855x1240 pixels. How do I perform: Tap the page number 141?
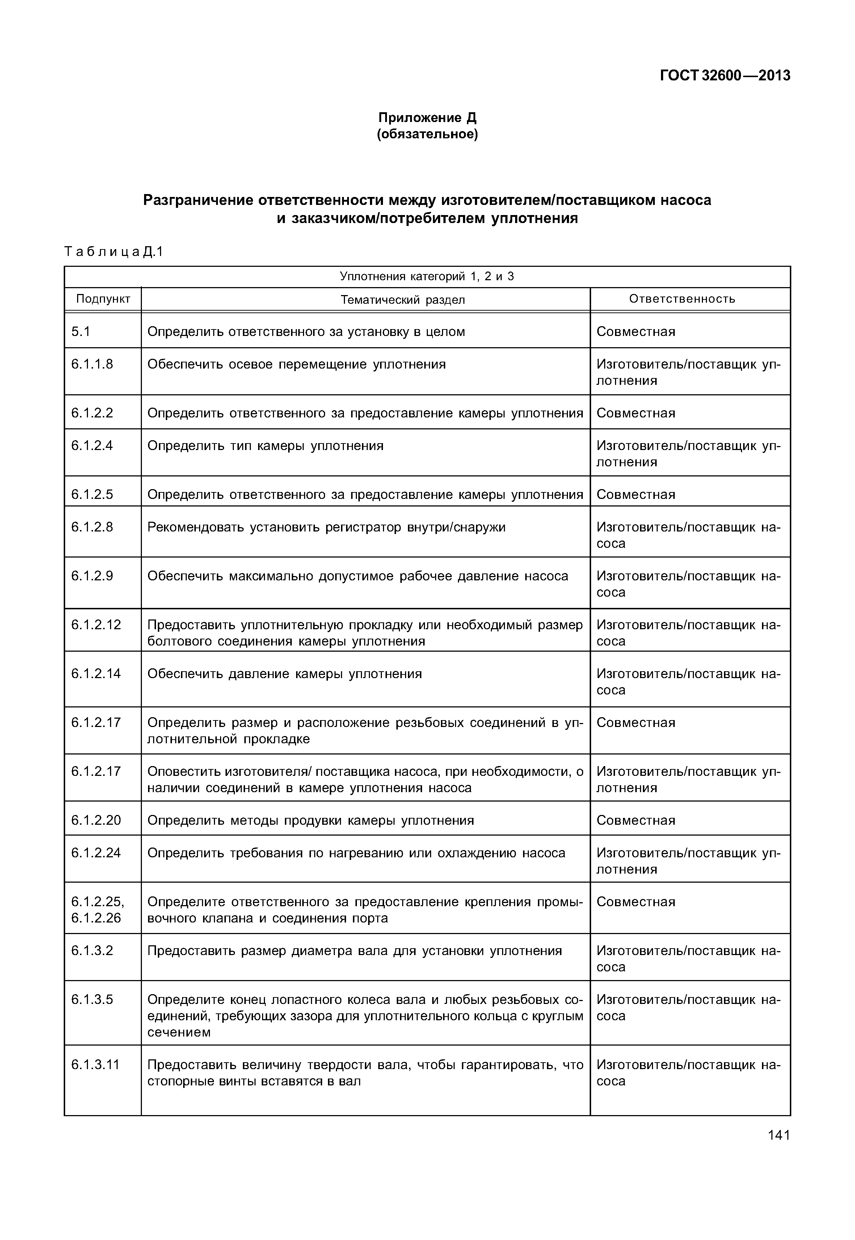tap(778, 1135)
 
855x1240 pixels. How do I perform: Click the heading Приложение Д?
tap(427, 117)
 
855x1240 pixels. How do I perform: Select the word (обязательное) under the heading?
tap(427, 134)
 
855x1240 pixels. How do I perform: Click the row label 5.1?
tap(81, 332)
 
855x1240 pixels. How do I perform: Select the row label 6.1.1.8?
tap(92, 364)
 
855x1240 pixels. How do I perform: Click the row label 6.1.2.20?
tap(96, 820)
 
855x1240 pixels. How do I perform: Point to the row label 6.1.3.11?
tap(95, 1064)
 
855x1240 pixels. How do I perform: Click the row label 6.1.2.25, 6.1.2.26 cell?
tap(97, 909)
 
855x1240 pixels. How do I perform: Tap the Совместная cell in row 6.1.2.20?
tap(636, 820)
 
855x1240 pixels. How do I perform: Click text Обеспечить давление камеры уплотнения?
tap(285, 674)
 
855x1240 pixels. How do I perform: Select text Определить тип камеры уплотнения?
tap(265, 446)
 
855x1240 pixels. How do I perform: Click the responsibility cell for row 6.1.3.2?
tap(688, 959)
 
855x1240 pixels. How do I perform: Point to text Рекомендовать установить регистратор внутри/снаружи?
tap(326, 527)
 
